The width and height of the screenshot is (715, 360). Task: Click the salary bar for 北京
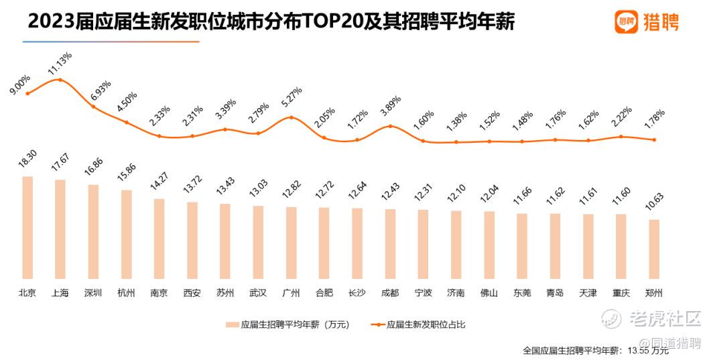pyautogui.click(x=27, y=227)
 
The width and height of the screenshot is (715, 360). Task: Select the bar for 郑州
pyautogui.click(x=654, y=249)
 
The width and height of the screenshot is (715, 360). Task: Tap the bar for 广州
pyautogui.click(x=291, y=243)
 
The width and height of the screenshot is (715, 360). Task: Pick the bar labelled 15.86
pyautogui.click(x=126, y=234)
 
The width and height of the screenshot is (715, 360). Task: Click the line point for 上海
pyautogui.click(x=60, y=80)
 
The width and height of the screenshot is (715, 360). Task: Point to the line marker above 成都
pyautogui.click(x=390, y=126)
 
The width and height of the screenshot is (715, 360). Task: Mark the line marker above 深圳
pyautogui.click(x=93, y=107)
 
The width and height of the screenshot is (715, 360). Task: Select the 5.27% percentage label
pyautogui.click(x=291, y=100)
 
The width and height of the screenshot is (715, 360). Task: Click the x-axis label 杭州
pyautogui.click(x=126, y=293)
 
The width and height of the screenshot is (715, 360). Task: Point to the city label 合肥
pyautogui.click(x=324, y=293)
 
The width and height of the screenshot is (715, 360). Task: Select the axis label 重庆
pyautogui.click(x=621, y=293)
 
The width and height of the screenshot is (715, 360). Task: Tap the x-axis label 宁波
pyautogui.click(x=423, y=293)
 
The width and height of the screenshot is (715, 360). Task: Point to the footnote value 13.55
pyautogui.click(x=635, y=351)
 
